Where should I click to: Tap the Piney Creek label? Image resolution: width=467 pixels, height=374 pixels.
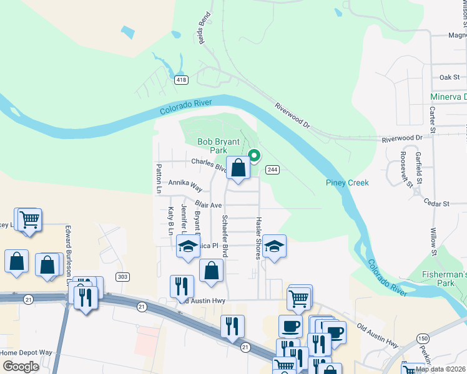pyautogui.click(x=347, y=183)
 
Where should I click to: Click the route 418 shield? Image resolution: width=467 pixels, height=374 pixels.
pyautogui.click(x=181, y=80)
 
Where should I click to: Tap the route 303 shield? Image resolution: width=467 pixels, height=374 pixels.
pyautogui.click(x=122, y=277)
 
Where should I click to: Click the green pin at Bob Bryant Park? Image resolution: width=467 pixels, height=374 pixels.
pyautogui.click(x=253, y=155)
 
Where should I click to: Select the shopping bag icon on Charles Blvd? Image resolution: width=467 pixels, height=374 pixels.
pyautogui.click(x=238, y=168)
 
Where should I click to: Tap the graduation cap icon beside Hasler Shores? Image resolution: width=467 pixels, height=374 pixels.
pyautogui.click(x=273, y=247)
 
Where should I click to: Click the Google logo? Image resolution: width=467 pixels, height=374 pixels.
pyautogui.click(x=20, y=367)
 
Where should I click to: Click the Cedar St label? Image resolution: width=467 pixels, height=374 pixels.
pyautogui.click(x=437, y=204)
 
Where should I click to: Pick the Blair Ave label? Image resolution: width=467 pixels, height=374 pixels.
pyautogui.click(x=209, y=204)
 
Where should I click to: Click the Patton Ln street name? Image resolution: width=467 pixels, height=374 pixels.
pyautogui.click(x=159, y=178)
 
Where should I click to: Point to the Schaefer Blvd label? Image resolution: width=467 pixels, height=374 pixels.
pyautogui.click(x=225, y=236)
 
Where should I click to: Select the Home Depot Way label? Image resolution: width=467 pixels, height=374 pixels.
pyautogui.click(x=26, y=353)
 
